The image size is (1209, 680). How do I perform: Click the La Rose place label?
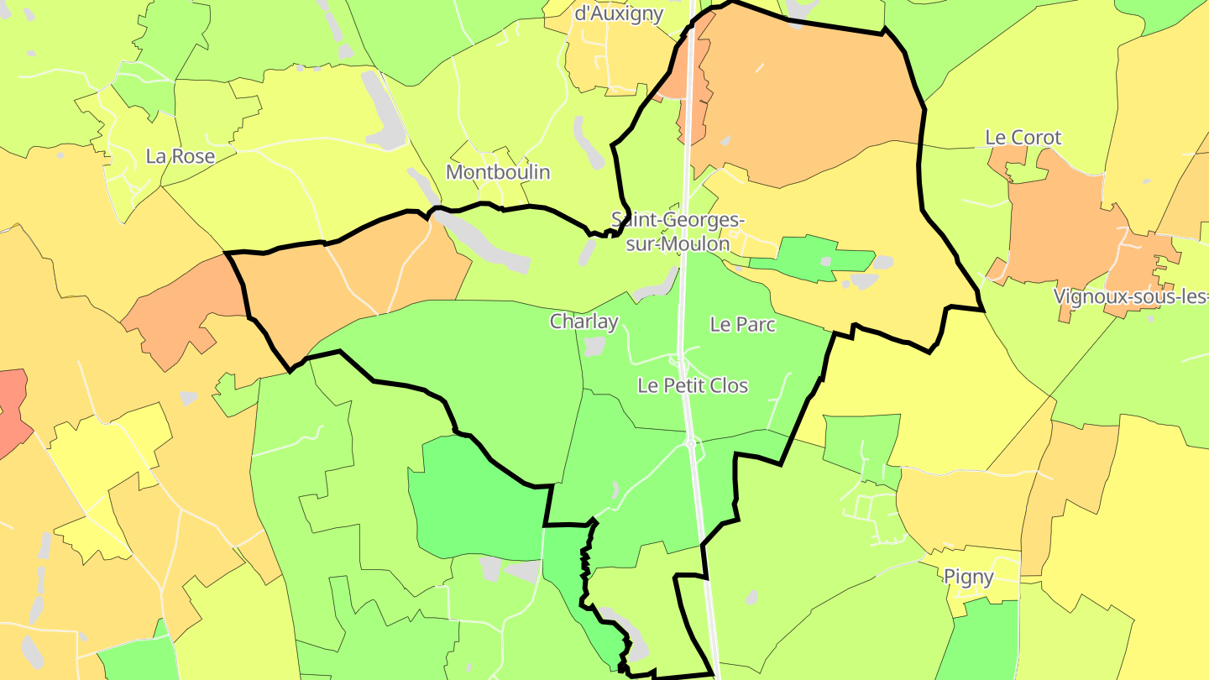click(x=181, y=156)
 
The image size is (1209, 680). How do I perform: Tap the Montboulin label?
click(x=498, y=172)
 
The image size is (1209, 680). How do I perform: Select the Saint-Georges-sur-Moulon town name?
click(x=678, y=232)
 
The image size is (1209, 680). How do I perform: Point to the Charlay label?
click(x=584, y=322)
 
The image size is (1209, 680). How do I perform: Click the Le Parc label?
click(x=743, y=324)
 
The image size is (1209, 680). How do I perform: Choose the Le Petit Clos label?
click(x=693, y=385)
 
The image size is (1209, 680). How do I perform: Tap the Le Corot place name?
click(x=1023, y=137)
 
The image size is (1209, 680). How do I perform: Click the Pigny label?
click(x=969, y=577)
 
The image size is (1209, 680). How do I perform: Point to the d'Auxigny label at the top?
click(x=619, y=13)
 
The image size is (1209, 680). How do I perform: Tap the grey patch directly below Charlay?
click(x=595, y=346)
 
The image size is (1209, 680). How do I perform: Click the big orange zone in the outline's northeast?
click(x=806, y=101)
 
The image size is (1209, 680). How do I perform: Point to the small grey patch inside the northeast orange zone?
click(x=725, y=140)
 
